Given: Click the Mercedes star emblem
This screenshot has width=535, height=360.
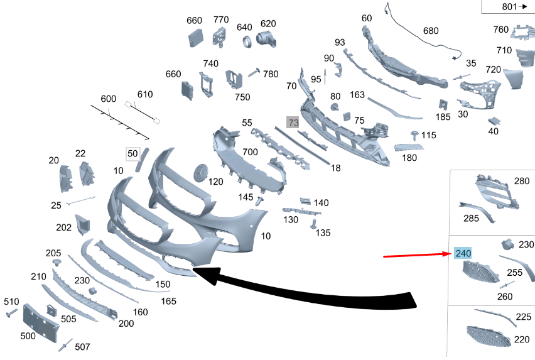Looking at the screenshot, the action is [x=201, y=173].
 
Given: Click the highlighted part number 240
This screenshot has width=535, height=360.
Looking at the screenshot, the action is [x=463, y=253].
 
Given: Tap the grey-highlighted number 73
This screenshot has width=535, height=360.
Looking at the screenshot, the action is [x=293, y=122].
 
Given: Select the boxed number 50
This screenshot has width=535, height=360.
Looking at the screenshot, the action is [x=132, y=154].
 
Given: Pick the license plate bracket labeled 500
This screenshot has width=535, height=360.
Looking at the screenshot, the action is [x=40, y=322].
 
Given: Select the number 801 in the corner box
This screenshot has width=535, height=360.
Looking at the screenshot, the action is [x=509, y=7].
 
